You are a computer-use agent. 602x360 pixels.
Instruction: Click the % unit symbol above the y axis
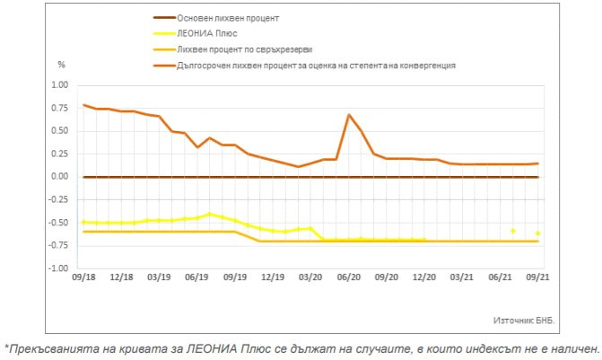click(x=62, y=65)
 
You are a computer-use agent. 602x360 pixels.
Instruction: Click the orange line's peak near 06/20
click(x=348, y=115)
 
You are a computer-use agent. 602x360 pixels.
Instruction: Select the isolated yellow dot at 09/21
click(x=537, y=233)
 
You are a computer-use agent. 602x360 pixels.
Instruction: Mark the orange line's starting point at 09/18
click(x=83, y=105)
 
